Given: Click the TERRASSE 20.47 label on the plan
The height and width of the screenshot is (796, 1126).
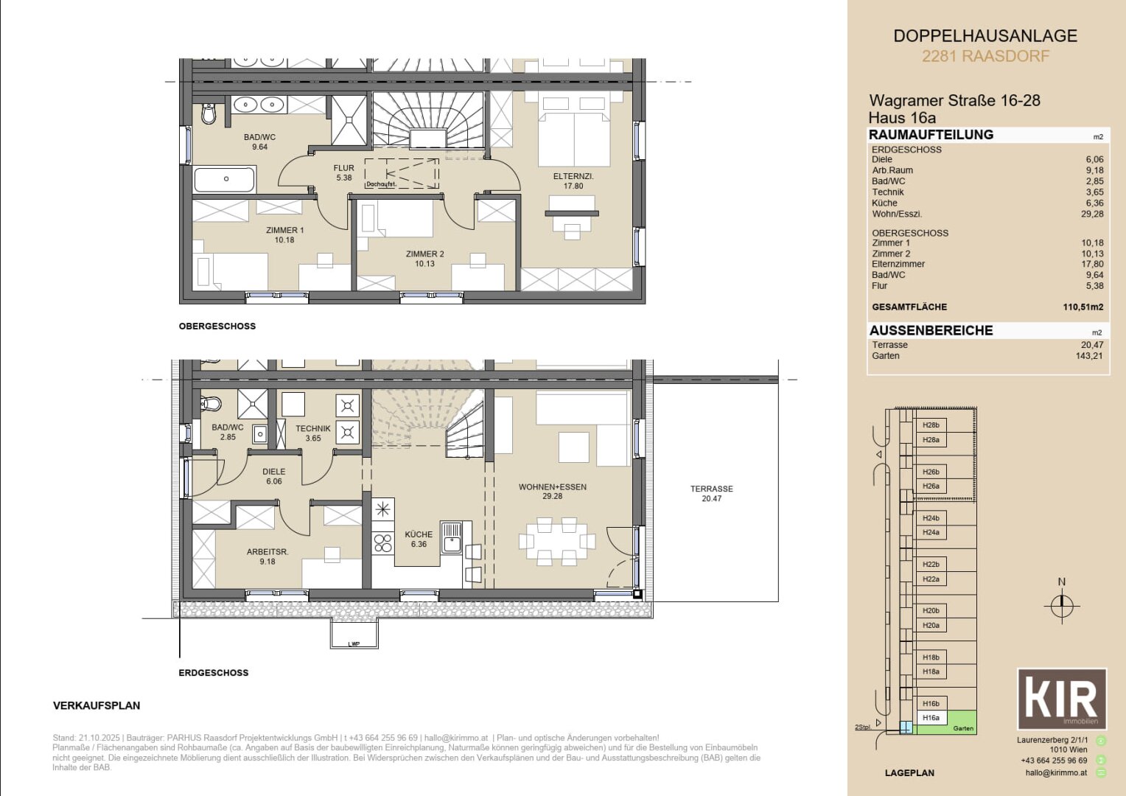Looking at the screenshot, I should (711, 494).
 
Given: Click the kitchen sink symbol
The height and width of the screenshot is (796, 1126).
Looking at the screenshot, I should (451, 537).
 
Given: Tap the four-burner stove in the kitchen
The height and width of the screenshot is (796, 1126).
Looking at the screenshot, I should (383, 543).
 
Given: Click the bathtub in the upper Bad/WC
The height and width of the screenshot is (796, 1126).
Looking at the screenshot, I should (225, 179).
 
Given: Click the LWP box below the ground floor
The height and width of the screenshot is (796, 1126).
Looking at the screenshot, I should (354, 634).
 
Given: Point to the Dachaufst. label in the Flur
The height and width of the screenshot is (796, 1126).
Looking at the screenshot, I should (381, 184).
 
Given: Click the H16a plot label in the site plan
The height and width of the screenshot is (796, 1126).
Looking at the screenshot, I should (931, 718).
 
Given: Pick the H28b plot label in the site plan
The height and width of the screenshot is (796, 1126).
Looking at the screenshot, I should (931, 425).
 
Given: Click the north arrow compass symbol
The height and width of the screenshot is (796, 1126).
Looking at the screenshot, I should (1061, 606).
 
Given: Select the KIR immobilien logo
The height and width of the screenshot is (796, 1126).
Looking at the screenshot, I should (1061, 699).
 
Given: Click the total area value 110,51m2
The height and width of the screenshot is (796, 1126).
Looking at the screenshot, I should (1083, 307).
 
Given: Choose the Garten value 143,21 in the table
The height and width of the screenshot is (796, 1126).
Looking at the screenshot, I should (1088, 356).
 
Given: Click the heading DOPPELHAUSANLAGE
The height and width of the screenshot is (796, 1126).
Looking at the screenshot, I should (985, 36).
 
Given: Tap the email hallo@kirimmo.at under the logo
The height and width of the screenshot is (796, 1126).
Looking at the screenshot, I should (1055, 772).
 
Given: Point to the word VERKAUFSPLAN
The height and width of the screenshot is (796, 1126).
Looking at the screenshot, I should (97, 705).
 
